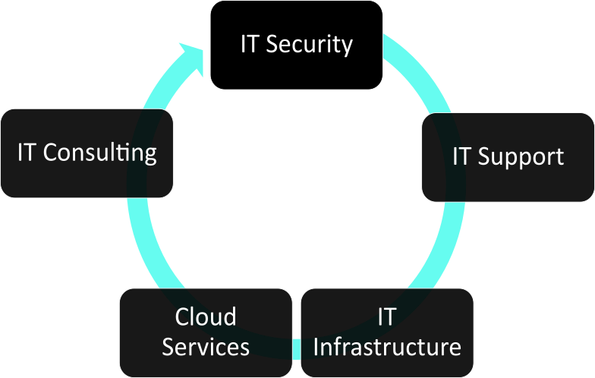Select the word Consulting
(x=100, y=153)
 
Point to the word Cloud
(x=206, y=317)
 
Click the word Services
(x=206, y=347)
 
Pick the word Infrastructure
(x=387, y=348)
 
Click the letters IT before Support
(x=462, y=157)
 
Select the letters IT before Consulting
(x=28, y=153)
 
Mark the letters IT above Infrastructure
(x=386, y=317)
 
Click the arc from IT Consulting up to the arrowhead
(x=156, y=91)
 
